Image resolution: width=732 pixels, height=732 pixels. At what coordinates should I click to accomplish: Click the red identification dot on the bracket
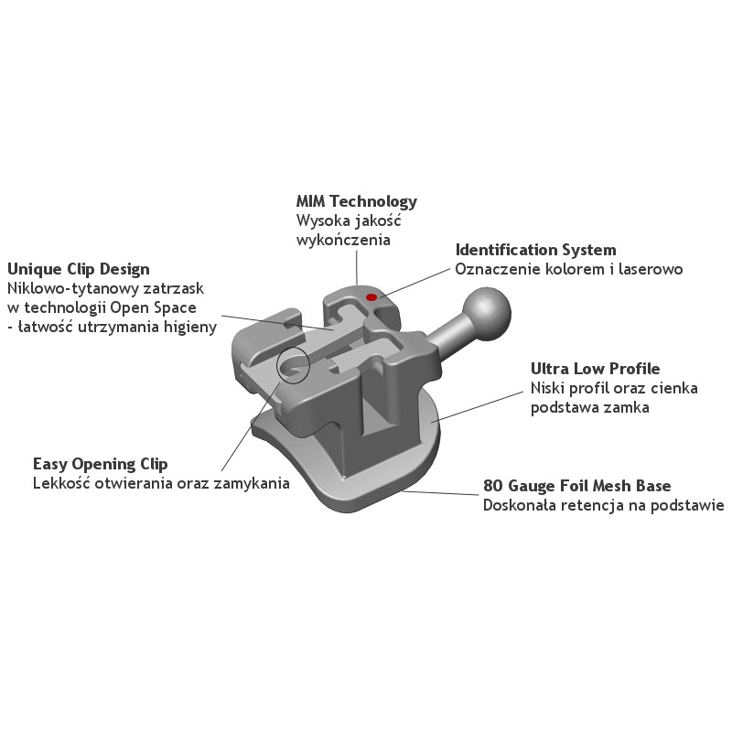(x=371, y=296)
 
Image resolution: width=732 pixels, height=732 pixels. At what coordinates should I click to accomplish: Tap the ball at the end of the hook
(x=487, y=314)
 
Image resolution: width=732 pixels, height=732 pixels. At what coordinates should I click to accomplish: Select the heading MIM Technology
(x=357, y=201)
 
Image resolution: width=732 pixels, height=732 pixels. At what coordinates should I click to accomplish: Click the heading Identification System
(x=536, y=250)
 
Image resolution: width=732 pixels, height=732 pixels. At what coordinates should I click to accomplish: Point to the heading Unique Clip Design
(x=79, y=269)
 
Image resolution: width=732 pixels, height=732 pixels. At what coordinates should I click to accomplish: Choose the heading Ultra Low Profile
(x=596, y=369)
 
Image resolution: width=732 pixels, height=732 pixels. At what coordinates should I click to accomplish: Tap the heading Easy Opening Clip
(x=101, y=464)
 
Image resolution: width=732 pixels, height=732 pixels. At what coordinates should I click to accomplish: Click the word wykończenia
(x=344, y=241)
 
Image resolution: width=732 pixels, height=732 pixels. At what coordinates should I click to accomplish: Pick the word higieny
(x=190, y=328)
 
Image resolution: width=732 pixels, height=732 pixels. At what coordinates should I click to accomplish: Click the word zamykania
(x=252, y=483)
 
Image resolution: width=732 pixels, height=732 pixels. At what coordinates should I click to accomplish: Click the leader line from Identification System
(x=414, y=283)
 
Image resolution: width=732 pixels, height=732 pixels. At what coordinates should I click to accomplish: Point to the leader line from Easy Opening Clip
(x=251, y=426)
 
